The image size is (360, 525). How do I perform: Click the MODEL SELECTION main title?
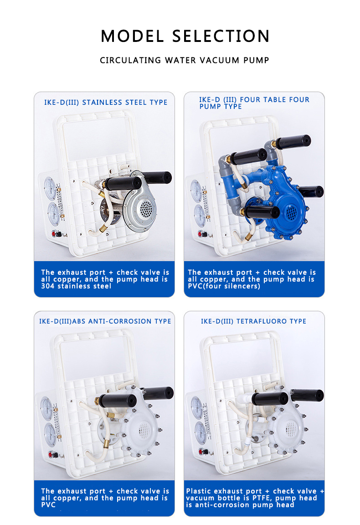[185, 36]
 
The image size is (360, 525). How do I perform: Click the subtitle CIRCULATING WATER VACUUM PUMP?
[185, 60]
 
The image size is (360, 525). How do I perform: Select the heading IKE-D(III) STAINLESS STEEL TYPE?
[106, 103]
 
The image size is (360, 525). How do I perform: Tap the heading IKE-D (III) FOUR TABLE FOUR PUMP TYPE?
[254, 103]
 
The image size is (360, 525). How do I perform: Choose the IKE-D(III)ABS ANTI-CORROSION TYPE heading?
[105, 321]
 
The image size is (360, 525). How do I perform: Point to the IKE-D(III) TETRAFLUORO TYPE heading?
[254, 321]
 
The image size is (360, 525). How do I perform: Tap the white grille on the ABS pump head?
[144, 429]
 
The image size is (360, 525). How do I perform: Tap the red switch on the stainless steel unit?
[58, 234]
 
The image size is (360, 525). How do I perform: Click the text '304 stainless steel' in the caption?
[76, 286]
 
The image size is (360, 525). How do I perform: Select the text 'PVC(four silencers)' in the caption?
[224, 286]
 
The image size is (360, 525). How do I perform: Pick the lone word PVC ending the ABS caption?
[48, 505]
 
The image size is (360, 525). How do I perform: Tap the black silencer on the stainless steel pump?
[156, 177]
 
